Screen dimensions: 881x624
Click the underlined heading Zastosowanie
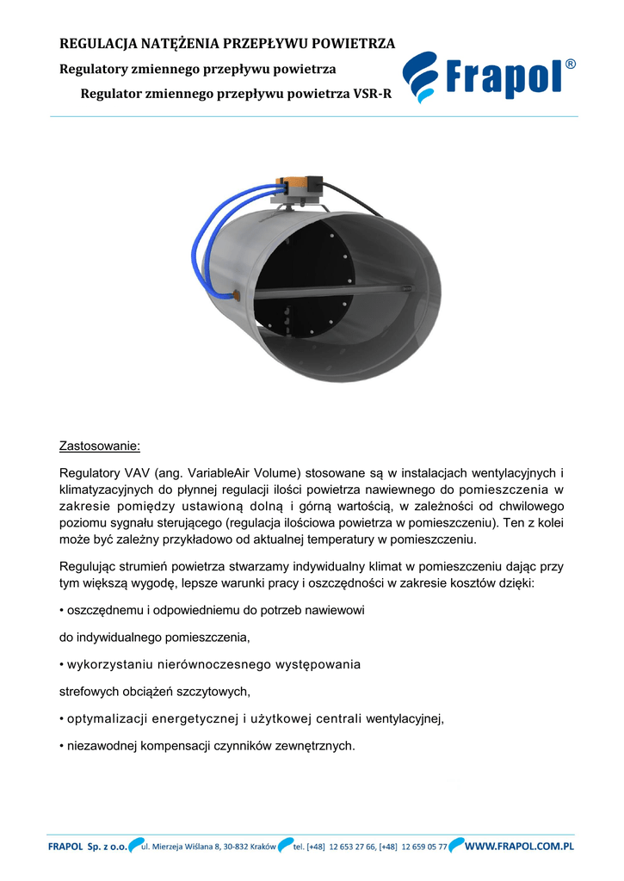coord(98,447)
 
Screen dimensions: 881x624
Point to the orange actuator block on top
coord(297,185)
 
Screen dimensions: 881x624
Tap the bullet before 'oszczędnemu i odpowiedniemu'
coord(61,609)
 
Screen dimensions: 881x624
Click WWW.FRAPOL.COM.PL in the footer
coord(519,847)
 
